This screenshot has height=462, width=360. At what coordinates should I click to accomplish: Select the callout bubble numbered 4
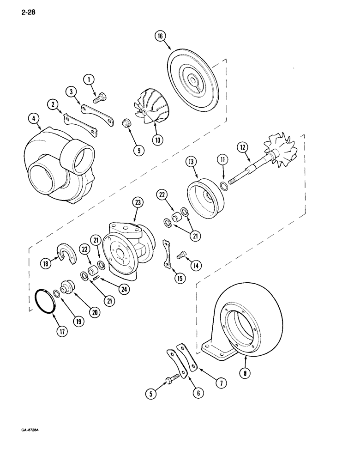pyautogui.click(x=32, y=120)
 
